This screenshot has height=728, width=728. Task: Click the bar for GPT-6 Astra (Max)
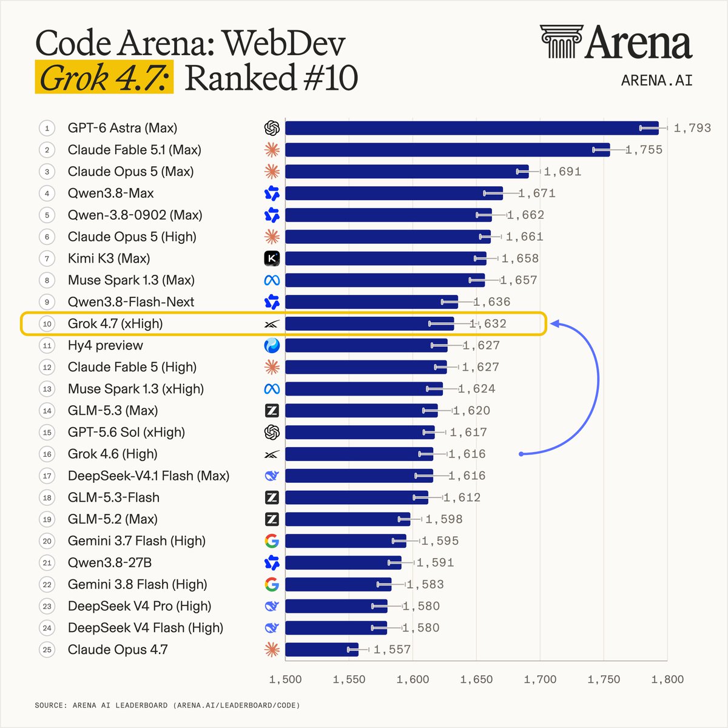pos(472,128)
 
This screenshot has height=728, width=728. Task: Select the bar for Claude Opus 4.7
pos(322,649)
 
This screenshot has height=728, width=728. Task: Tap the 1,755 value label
pos(644,150)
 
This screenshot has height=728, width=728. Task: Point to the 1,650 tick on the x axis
pos(476,679)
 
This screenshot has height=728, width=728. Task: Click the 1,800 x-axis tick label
pos(667,679)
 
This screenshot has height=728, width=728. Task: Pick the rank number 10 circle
pos(47,324)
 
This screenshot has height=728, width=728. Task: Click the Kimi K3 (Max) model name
pos(109,258)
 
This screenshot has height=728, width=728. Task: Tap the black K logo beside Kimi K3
pos(272,258)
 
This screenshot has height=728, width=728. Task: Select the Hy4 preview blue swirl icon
pos(272,345)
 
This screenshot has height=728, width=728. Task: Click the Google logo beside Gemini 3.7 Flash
pos(272,541)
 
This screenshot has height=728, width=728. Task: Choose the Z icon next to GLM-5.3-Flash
pos(272,497)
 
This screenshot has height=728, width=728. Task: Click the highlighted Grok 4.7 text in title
pos(104,78)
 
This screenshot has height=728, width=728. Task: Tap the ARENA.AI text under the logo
pos(656,81)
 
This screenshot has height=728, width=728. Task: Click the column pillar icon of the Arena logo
pos(561,42)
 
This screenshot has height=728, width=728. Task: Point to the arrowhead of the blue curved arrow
pos(554,324)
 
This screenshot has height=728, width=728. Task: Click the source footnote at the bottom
pos(167,705)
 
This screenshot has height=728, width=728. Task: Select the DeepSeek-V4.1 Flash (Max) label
pos(149,476)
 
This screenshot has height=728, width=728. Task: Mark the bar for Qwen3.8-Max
pos(394,194)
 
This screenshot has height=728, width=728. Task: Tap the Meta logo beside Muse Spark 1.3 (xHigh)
pos(272,389)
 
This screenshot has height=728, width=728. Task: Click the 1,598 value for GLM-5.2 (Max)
pos(444,519)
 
